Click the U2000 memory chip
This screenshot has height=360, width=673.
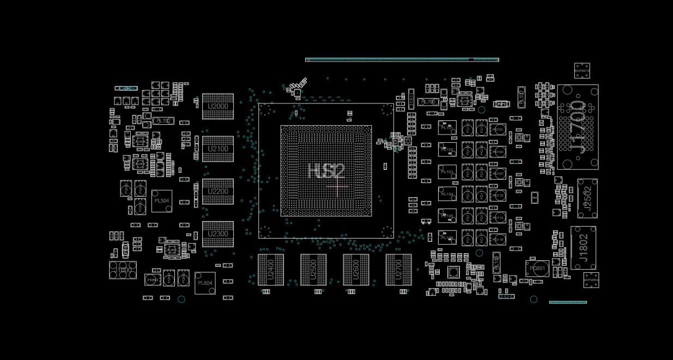(218, 106)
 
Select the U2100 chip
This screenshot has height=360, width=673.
(218, 149)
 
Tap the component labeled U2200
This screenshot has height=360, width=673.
(218, 191)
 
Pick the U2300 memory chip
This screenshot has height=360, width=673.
(218, 234)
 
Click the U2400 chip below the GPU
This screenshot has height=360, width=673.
(271, 270)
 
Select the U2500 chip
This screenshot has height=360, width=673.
(313, 270)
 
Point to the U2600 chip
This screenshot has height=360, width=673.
(356, 270)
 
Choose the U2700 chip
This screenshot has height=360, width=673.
(398, 270)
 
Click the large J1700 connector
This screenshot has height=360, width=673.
(578, 127)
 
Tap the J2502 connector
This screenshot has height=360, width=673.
(587, 198)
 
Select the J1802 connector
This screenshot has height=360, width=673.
(583, 248)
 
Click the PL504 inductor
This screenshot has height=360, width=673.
(162, 201)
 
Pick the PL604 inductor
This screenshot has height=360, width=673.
(205, 283)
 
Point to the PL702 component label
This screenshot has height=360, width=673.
(163, 121)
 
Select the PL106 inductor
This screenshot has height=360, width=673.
(447, 237)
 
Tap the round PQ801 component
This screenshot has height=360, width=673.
(538, 269)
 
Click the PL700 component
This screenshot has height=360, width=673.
(428, 102)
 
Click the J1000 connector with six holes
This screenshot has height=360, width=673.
(123, 270)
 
